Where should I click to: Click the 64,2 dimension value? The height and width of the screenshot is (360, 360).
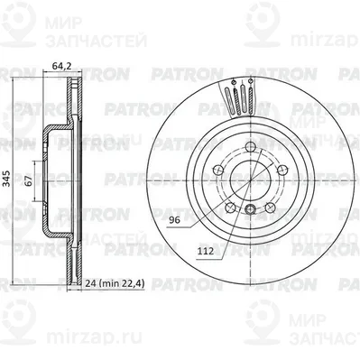(61, 64)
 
